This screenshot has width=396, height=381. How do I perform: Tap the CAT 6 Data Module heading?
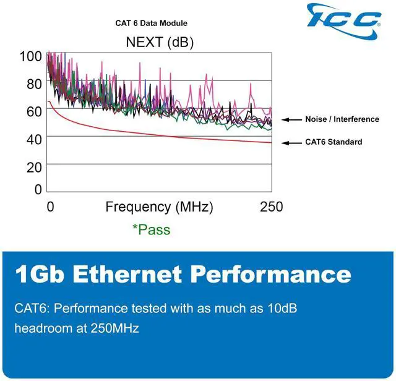pyautogui.click(x=151, y=24)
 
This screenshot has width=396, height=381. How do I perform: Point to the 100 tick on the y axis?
pyautogui.click(x=30, y=56)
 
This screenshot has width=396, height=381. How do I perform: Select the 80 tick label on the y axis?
pyautogui.click(x=34, y=83)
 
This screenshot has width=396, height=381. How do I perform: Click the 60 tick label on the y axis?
pyautogui.click(x=34, y=111)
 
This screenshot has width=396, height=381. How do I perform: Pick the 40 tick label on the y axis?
pyautogui.click(x=34, y=139)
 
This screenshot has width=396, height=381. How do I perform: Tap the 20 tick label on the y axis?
pyautogui.click(x=34, y=167)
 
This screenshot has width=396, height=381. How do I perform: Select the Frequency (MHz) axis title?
pyautogui.click(x=159, y=207)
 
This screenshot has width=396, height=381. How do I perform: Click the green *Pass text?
pyautogui.click(x=151, y=229)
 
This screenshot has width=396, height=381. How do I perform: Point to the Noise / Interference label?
pyautogui.click(x=342, y=119)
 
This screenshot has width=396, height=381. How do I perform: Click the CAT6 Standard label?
pyautogui.click(x=334, y=142)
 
